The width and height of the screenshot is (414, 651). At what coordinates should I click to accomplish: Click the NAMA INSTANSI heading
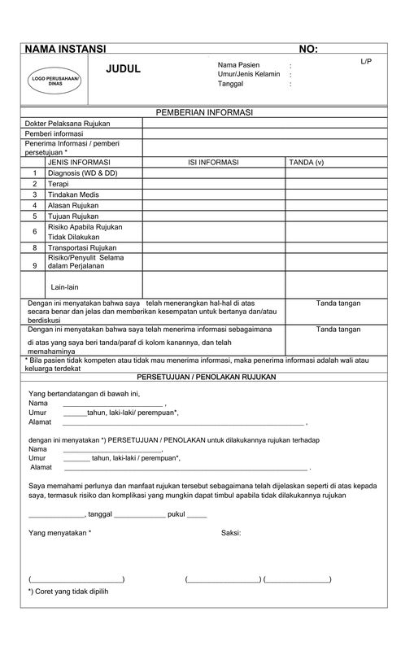tap(65, 50)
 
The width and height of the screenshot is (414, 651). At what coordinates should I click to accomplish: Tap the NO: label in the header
tap(308, 50)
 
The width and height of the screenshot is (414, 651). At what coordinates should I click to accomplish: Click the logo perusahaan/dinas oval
tap(55, 81)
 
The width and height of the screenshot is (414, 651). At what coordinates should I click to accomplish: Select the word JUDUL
tap(124, 69)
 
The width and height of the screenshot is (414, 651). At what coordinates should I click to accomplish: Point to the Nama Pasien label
tap(238, 64)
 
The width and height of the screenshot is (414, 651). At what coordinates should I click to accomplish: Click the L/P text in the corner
tap(366, 62)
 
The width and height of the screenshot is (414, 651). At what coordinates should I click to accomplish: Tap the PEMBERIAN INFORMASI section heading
tap(205, 111)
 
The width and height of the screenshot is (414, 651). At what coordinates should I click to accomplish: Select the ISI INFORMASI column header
tap(213, 163)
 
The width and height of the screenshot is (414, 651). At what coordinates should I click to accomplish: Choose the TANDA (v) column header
tap(307, 163)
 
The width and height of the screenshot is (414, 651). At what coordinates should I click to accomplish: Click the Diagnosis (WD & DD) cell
tap(82, 173)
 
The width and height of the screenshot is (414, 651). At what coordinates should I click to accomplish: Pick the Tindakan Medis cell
tap(73, 194)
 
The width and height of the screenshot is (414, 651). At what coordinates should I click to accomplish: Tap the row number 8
tap(35, 247)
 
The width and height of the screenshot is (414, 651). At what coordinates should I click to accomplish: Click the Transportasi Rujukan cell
tap(82, 247)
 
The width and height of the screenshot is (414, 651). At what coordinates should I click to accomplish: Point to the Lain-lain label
tap(65, 287)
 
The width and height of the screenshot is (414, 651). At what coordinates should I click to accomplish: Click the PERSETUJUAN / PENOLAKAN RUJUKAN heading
tap(207, 378)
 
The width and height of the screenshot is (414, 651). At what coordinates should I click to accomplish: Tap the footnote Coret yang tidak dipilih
tap(70, 592)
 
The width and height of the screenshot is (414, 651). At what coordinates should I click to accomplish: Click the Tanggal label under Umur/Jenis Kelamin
tap(231, 84)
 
